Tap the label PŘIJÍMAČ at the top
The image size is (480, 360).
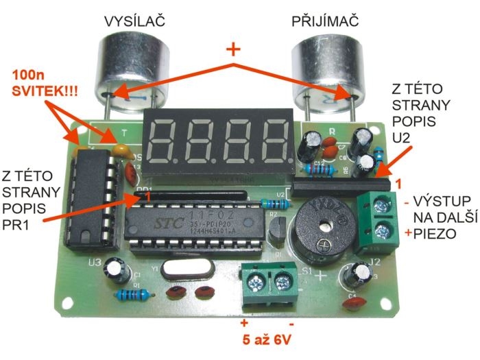tap(326, 21)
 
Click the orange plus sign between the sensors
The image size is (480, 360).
tap(234, 49)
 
